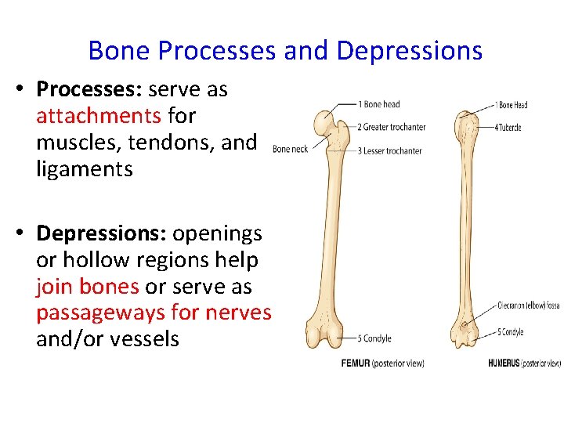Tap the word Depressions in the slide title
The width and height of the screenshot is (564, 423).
point(409,51)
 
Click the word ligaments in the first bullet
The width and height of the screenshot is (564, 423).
point(85,168)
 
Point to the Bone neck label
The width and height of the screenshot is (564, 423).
point(290,150)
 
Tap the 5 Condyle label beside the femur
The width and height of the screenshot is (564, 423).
point(377,338)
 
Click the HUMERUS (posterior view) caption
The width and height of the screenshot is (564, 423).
point(523,363)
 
